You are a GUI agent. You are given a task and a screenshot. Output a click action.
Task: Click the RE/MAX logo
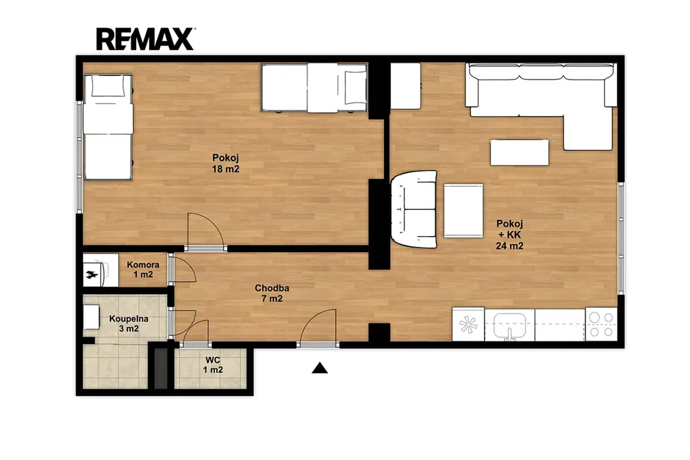point(145,39)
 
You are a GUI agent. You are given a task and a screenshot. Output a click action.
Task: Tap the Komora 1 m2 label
point(143,270)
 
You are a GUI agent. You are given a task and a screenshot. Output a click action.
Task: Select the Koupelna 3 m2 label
point(129,324)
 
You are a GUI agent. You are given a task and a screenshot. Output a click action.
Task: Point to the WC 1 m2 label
point(213,365)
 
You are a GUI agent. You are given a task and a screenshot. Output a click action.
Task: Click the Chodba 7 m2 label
point(272,293)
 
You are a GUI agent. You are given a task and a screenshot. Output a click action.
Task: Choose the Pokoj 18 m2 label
point(226,163)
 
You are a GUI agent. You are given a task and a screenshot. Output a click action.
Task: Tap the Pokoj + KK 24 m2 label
point(509,235)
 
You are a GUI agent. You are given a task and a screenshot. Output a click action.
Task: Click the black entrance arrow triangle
point(320,368)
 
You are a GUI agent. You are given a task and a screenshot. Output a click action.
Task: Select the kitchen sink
point(509,325)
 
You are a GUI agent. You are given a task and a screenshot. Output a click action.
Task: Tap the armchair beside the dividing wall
point(414,209)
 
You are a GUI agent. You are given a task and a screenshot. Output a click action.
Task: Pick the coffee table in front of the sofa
point(520,152)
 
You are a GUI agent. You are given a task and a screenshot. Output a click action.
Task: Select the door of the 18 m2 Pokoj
point(205,232)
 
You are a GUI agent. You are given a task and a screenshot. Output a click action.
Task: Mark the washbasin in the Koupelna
point(92,317)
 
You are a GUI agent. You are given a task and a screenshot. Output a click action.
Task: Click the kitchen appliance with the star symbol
point(468,324)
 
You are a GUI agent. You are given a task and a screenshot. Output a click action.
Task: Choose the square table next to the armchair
point(464,210)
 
